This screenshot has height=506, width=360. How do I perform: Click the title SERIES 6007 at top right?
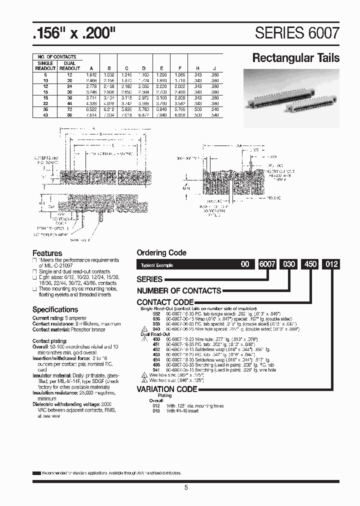click(x=297, y=33)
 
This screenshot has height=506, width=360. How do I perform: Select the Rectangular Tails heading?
click(x=295, y=58)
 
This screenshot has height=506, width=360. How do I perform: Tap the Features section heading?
click(x=47, y=253)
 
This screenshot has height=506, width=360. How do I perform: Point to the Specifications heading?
click(x=55, y=309)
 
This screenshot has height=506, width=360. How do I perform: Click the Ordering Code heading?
click(x=161, y=253)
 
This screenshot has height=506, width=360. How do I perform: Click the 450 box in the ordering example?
click(x=310, y=264)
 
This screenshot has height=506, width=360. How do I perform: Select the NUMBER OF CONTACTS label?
click(x=179, y=290)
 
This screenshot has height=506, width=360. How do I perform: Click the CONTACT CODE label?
click(x=165, y=302)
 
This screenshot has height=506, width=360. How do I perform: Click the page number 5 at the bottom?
click(x=186, y=488)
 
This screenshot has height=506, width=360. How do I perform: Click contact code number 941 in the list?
click(x=155, y=370)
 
